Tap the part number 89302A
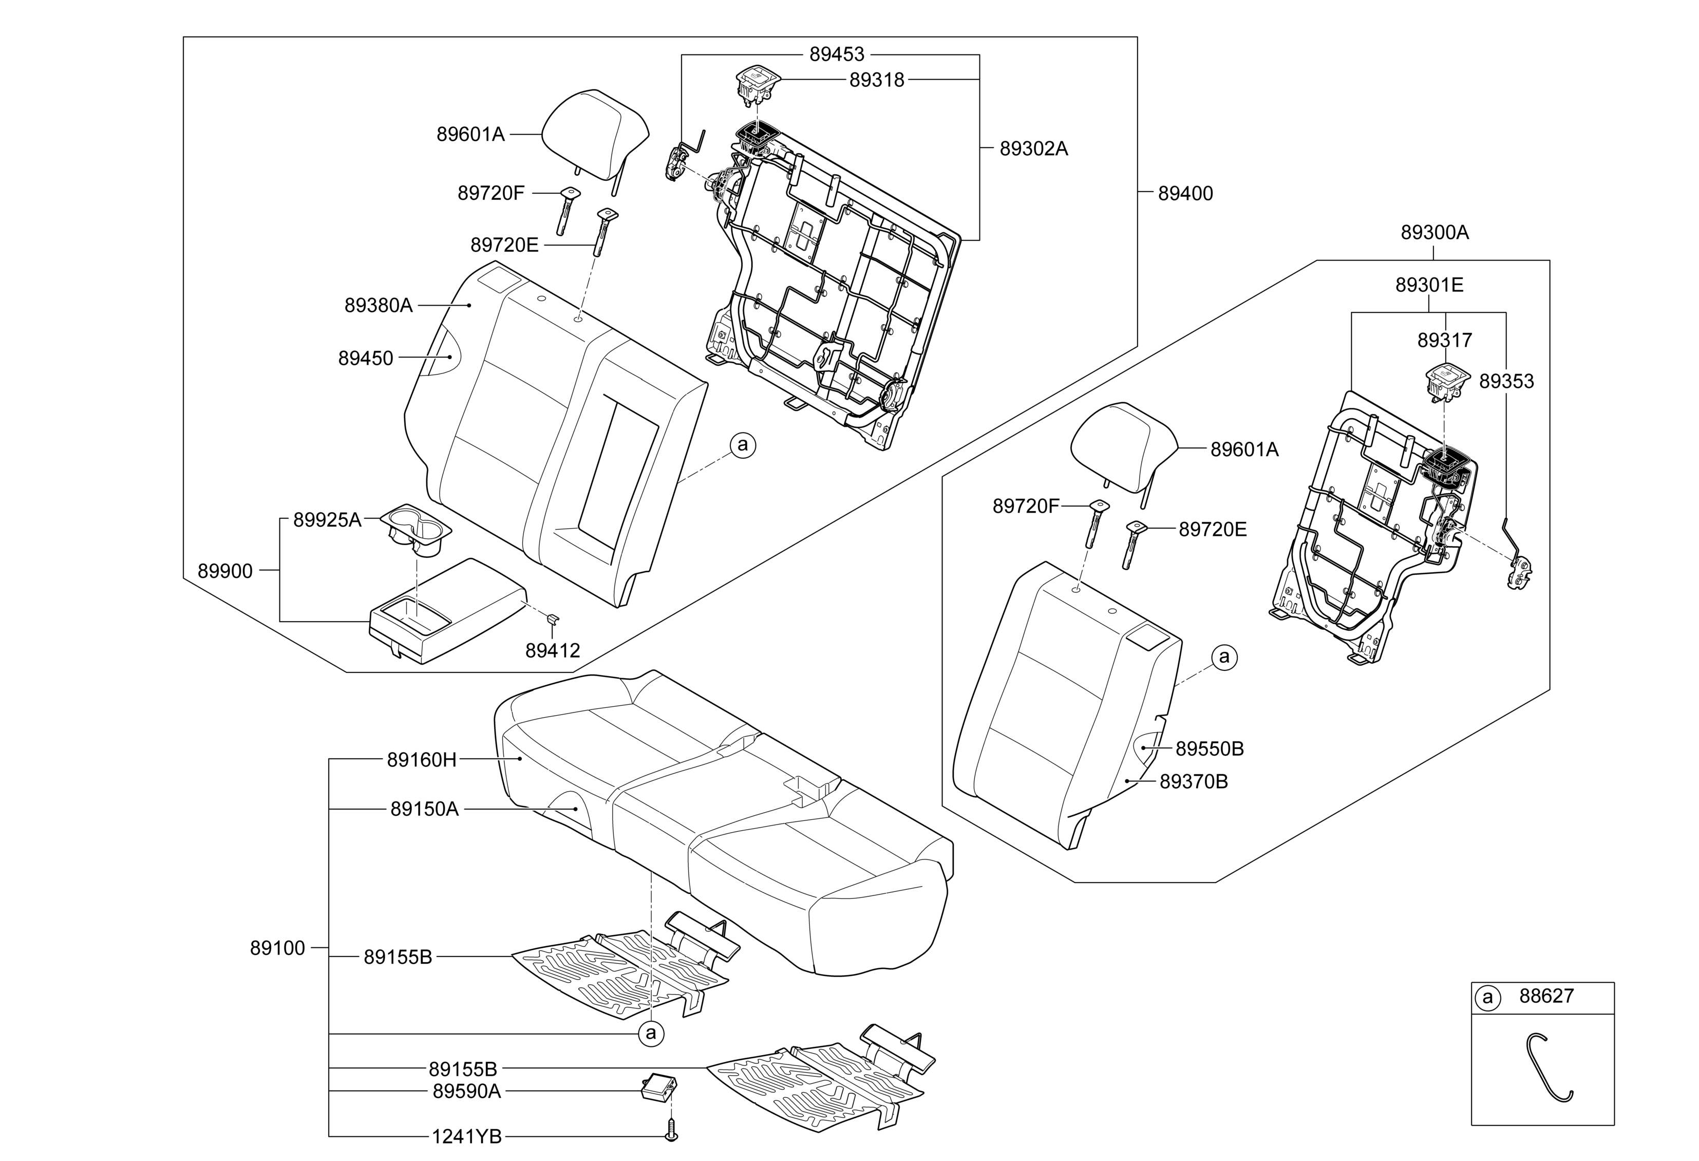point(1034,148)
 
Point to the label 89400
point(1185,193)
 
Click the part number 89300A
point(1434,233)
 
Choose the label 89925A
point(328,520)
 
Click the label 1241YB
point(466,1136)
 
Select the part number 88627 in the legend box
point(1546,996)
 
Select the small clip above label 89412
point(554,620)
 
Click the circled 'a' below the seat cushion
point(651,1033)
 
